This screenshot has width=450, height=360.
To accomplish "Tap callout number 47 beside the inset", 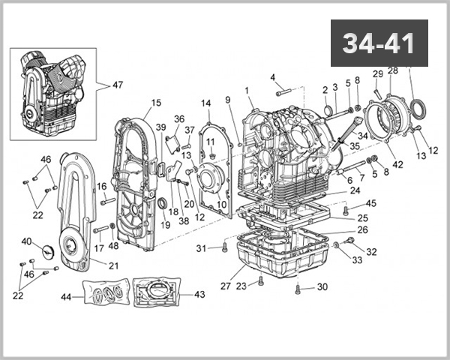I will [118, 85].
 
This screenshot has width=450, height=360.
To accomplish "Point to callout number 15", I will [156, 103].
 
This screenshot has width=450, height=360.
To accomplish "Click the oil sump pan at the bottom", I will [281, 255].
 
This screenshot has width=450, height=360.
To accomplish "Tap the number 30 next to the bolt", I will [322, 287].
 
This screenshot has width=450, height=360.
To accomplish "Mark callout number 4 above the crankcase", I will [273, 76].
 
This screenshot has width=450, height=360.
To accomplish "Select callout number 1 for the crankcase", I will [247, 91].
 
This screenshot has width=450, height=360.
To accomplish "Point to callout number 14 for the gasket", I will [205, 103].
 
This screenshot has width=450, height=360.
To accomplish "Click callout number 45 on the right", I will [371, 203].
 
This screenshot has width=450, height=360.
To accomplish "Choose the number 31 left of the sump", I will [201, 248].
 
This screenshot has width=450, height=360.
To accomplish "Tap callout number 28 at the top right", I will [393, 70].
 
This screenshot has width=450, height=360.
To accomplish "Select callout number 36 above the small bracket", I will [178, 118].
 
